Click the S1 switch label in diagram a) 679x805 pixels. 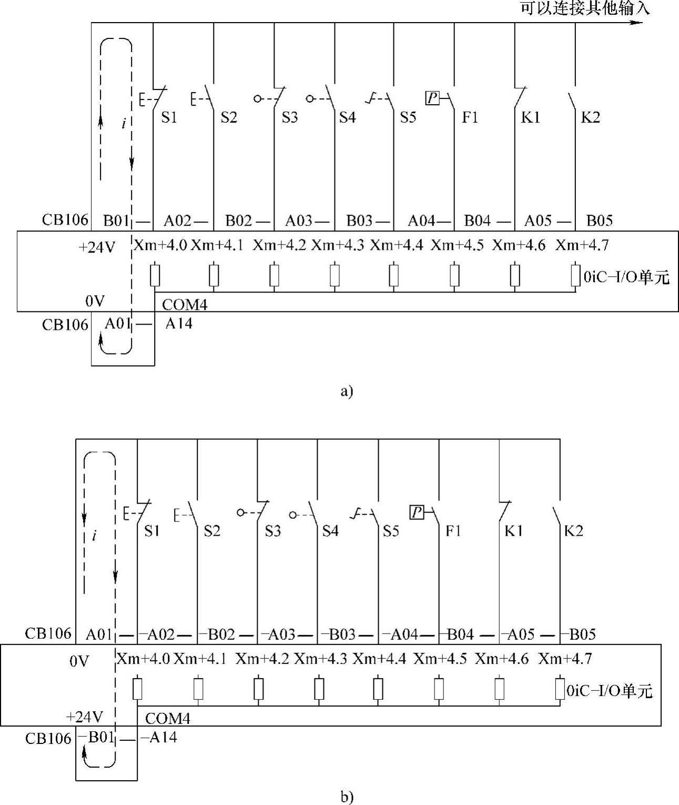click(169, 117)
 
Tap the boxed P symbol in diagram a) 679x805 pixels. click(432, 98)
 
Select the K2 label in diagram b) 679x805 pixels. click(573, 531)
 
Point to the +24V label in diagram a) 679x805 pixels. click(96, 247)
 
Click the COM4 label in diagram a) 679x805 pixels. click(185, 305)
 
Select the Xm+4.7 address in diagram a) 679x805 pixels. click(582, 245)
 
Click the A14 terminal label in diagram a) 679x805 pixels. click(179, 324)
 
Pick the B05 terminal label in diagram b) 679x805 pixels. click(582, 635)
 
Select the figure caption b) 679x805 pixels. click(347, 797)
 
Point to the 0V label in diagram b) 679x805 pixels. click(79, 661)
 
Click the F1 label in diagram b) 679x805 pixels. click(453, 531)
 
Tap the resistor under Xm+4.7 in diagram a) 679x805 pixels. click(575, 276)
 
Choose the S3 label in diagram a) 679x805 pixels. click(289, 117)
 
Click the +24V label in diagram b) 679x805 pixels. click(84, 717)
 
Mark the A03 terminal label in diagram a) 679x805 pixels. click(299, 221)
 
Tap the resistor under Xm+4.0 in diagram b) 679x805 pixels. click(137, 689)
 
